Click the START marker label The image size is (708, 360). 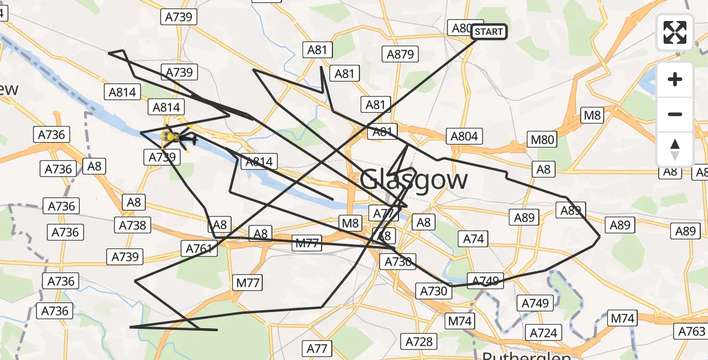(x=489, y=32)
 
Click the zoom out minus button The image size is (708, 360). (x=675, y=114)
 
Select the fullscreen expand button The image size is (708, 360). (x=675, y=32)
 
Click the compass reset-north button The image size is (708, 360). (x=675, y=149)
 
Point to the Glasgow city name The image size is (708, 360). (x=414, y=180)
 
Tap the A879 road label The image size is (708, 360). (x=400, y=55)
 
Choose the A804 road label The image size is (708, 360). (x=464, y=136)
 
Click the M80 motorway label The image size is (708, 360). (x=543, y=140)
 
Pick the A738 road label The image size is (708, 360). (x=133, y=225)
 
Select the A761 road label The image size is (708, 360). (x=199, y=248)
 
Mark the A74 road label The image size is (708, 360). (x=473, y=239)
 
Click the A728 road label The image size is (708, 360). (x=419, y=341)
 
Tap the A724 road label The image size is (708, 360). (x=543, y=332)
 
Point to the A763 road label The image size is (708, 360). (x=691, y=331)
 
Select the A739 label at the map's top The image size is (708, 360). (x=179, y=17)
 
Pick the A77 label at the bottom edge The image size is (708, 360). (x=317, y=348)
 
